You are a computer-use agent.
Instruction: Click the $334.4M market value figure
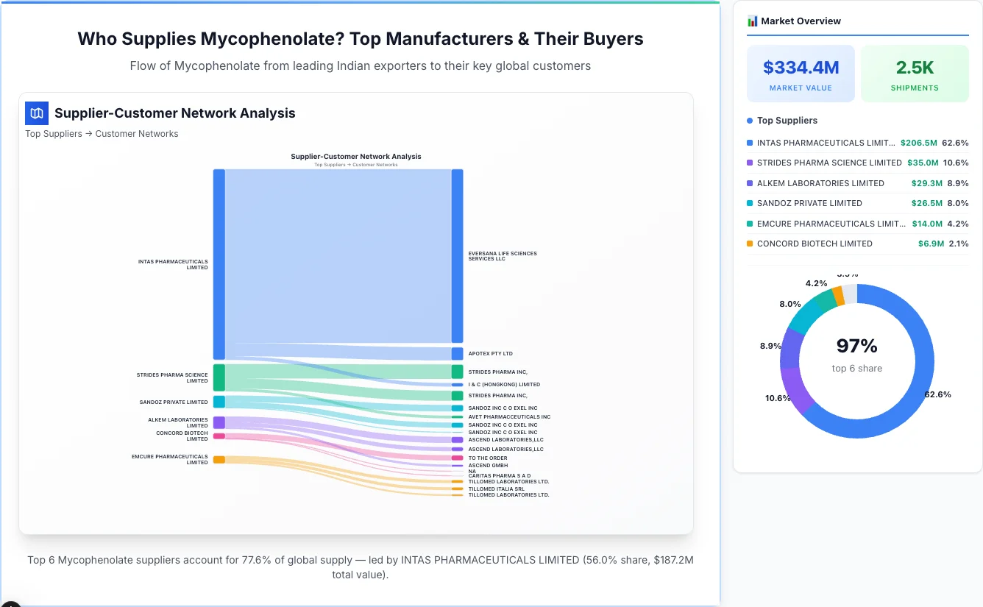[801, 68]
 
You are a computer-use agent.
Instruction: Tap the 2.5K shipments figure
[915, 68]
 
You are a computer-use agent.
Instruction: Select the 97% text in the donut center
[856, 346]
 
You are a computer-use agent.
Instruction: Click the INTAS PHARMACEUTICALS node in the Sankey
[219, 264]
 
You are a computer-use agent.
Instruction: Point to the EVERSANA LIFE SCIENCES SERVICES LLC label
[503, 256]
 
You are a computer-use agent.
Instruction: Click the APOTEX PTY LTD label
[490, 354]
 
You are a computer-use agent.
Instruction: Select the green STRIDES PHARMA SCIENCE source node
[219, 377]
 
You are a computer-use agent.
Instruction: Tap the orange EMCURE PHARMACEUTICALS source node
[219, 460]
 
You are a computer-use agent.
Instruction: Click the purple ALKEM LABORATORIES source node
[219, 422]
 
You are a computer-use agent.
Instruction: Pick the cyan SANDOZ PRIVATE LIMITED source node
[219, 402]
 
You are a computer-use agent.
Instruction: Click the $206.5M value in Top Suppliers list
[918, 143]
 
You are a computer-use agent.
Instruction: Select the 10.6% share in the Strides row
[956, 163]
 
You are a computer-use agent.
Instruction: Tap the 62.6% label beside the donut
[937, 394]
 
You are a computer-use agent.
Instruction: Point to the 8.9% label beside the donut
[770, 346]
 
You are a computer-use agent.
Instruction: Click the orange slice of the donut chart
[838, 295]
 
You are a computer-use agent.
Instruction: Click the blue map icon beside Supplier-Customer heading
[37, 113]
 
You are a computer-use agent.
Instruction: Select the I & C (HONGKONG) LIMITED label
[504, 385]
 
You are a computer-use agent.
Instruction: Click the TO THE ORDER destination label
[488, 458]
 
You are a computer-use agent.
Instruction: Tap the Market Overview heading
[801, 21]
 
